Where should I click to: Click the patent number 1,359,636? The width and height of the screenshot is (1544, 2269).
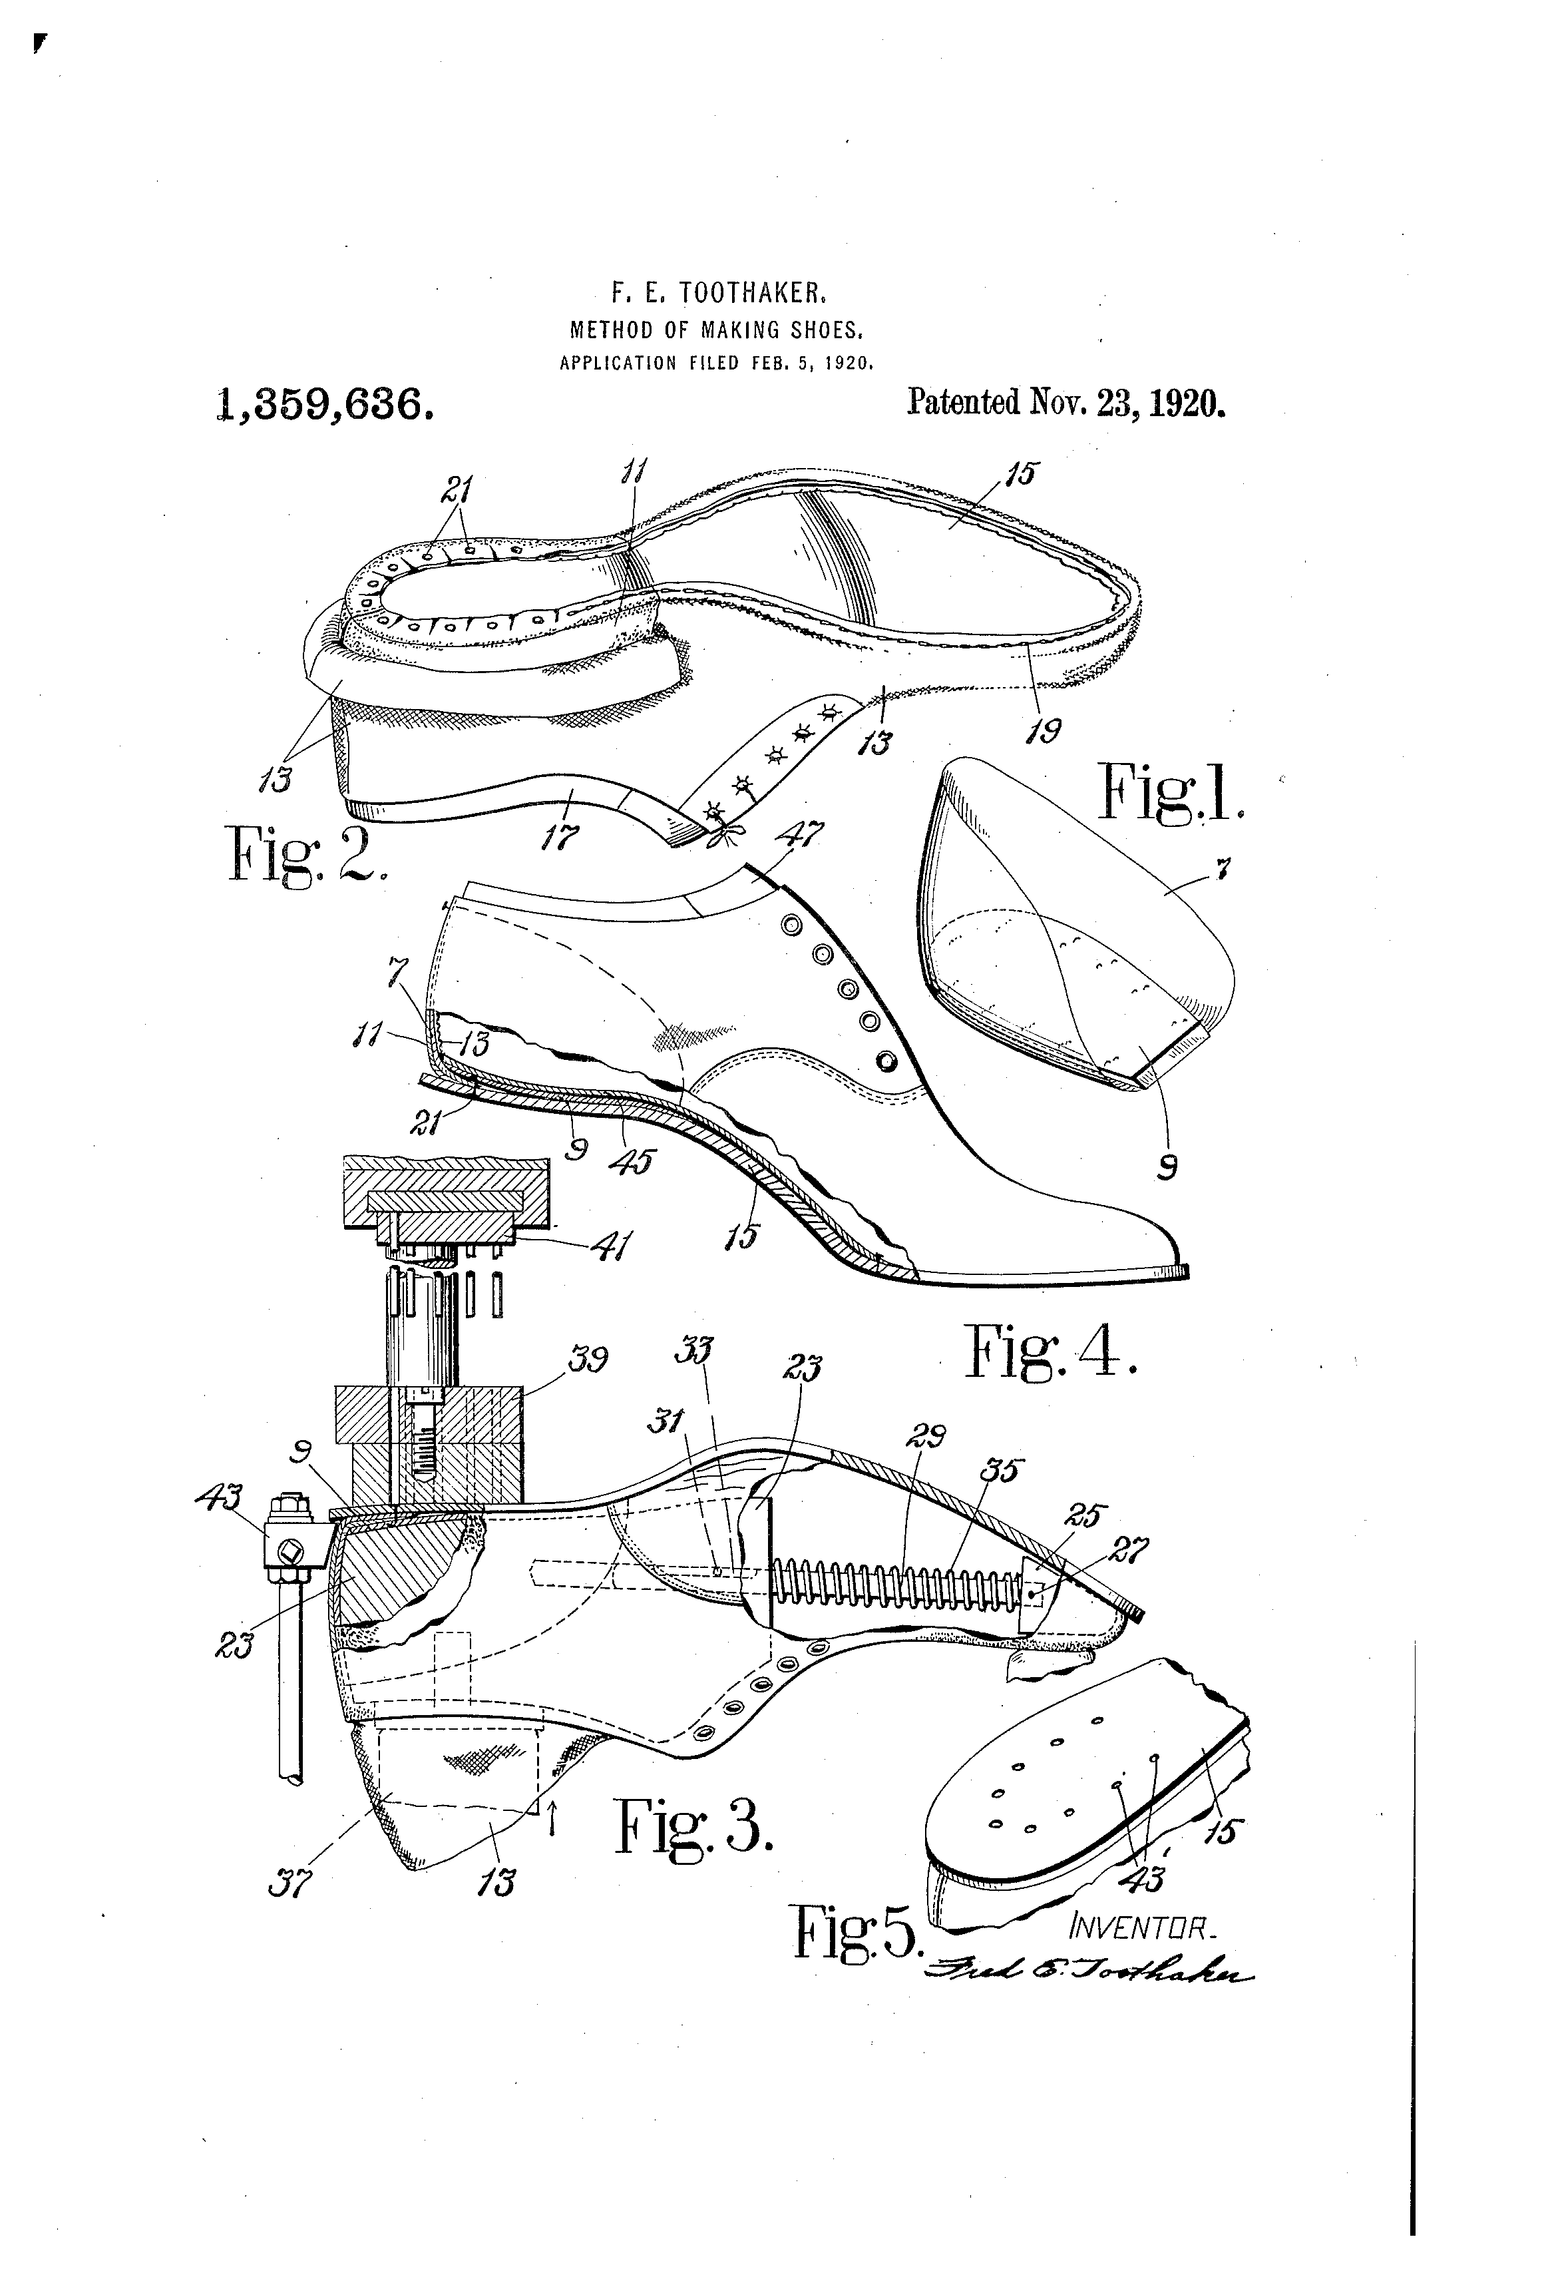[324, 404]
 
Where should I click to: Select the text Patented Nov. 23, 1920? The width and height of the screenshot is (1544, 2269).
[1065, 402]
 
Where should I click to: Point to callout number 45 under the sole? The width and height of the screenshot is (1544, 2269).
[634, 1161]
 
